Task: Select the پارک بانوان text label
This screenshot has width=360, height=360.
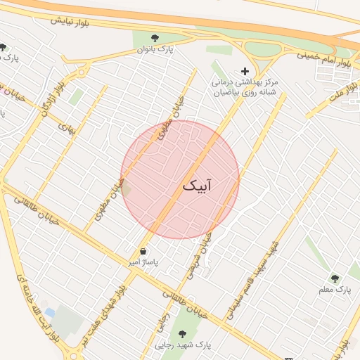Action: point(155,49)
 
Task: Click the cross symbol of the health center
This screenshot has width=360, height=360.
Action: point(245,71)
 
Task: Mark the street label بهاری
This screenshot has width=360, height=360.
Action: point(66,129)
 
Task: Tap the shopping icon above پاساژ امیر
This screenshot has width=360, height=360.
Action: point(143,251)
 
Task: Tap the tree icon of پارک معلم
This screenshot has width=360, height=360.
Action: point(335,278)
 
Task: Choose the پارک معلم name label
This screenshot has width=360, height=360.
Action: point(335,290)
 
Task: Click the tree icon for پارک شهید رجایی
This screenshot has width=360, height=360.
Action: point(184,333)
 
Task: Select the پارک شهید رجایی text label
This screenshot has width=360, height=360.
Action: point(184,345)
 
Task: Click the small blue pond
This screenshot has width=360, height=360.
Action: point(49,311)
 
